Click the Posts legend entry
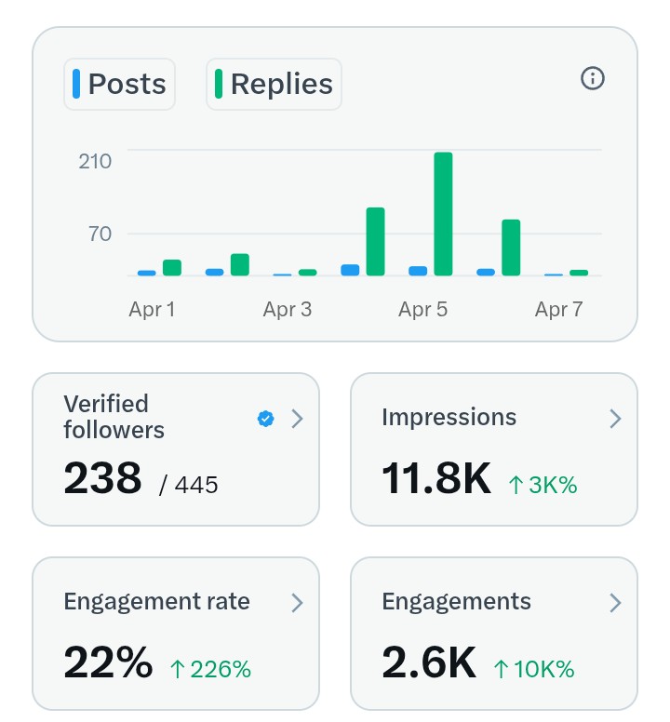point(119,85)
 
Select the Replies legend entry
point(274,85)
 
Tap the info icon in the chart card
point(593,79)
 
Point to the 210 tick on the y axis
point(95,161)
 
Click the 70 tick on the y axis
point(100,234)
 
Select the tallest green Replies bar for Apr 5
point(443,214)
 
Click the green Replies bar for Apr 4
point(375,241)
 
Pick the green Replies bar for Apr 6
point(511,247)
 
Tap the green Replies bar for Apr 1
point(172,268)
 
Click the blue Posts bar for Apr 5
point(418,271)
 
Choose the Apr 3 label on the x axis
point(288,310)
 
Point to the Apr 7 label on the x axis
point(558,310)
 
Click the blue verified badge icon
point(265,420)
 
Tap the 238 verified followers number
point(102,478)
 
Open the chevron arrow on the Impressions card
point(614,420)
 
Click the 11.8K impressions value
point(435,478)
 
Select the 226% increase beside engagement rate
point(211,668)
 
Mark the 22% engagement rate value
point(108,662)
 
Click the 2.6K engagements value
point(429,662)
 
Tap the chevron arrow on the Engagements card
point(614,603)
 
